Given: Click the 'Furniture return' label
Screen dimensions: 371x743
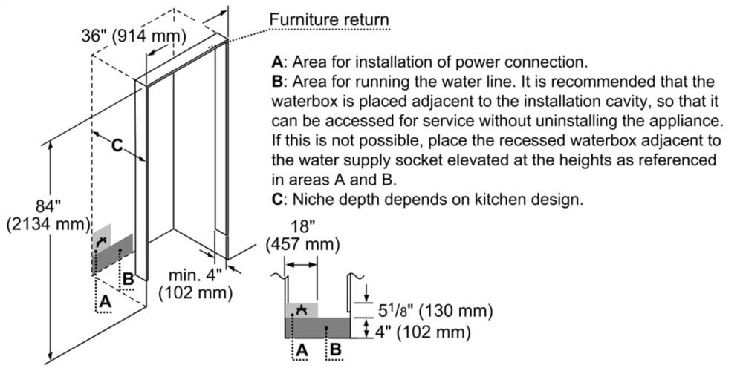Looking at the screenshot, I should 328,19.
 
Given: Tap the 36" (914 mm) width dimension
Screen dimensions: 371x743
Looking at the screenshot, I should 134,36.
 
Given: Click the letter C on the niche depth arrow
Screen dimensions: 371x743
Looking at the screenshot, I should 117,146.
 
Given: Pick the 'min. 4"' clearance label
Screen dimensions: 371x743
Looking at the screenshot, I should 195,275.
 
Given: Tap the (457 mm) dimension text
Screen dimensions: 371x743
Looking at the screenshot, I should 302,244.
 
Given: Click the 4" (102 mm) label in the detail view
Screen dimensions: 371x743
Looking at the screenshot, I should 421,332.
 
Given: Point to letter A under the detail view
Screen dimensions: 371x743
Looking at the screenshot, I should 302,349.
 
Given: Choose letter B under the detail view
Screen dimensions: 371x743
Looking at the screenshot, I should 336,349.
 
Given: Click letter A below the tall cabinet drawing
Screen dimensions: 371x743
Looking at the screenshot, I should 105,301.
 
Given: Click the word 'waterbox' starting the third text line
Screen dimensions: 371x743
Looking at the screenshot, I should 299,101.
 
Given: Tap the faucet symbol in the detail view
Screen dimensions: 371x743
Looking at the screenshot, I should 302,309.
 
